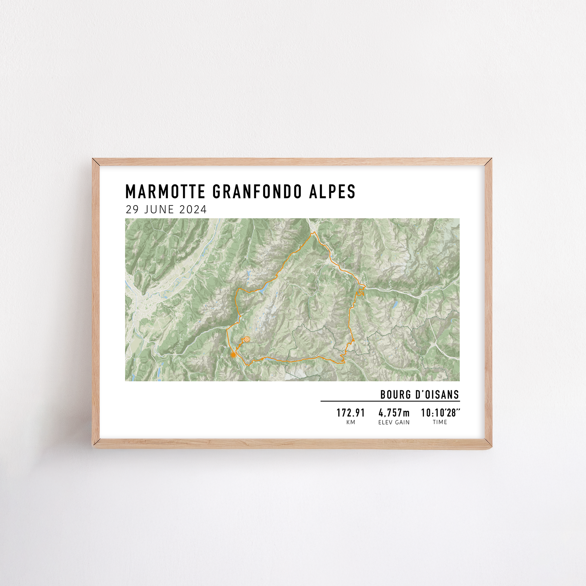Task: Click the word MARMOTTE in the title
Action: [x=166, y=192]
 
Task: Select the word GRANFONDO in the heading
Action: [x=257, y=192]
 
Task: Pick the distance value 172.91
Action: [x=350, y=413]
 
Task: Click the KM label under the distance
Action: [x=351, y=422]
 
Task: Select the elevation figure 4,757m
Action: [x=394, y=413]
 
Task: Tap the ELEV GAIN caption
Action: [x=394, y=422]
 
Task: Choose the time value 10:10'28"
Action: [x=440, y=413]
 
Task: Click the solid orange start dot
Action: [x=233, y=355]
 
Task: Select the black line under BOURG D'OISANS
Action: [x=390, y=401]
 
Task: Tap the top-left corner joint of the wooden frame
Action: [x=96, y=162]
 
